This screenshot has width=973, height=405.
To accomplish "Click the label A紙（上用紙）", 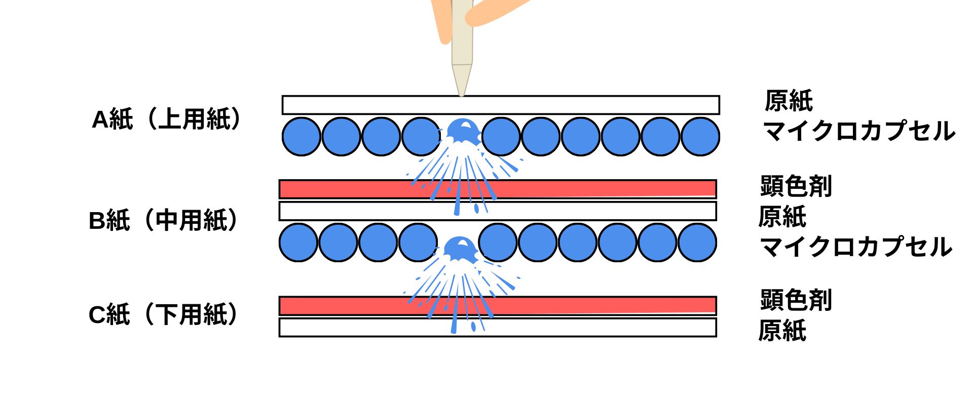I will coord(166,120).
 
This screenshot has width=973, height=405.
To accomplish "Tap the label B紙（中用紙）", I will coord(163,221).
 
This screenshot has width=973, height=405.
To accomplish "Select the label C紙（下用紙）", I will coord(163,315).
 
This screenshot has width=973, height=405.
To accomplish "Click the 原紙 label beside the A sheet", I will coord(789,101).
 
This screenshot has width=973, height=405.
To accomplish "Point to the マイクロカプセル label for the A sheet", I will coord(858,131).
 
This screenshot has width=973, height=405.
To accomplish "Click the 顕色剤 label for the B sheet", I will coord(796,186).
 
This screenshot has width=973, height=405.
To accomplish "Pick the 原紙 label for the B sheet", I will coord(782,217).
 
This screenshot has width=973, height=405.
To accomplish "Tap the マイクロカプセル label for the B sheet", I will coord(855,247).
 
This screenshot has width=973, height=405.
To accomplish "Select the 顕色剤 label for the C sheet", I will coord(796,300).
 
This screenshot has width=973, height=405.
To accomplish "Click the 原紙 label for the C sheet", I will coord(782,331).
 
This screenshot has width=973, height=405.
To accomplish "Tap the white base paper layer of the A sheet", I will coord(583,105).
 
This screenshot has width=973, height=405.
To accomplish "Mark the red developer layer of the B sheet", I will coord(583,189).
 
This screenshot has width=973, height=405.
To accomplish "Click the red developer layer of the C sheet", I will coord(583,305).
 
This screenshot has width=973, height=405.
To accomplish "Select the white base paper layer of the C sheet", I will coord(583,327).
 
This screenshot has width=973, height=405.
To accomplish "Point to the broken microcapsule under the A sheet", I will coord(462,133).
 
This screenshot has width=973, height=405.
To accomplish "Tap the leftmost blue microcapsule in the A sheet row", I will coord(301,137).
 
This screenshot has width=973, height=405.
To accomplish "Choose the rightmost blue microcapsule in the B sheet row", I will coord(697,242).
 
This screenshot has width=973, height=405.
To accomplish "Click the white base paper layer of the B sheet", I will coord(583,211).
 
